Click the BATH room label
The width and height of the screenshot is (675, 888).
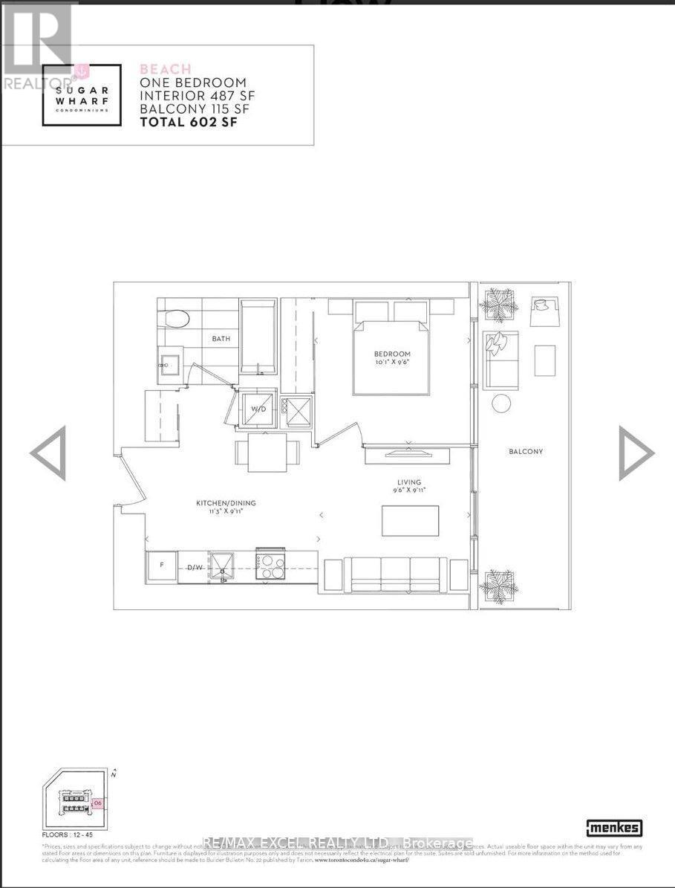(x=221, y=339)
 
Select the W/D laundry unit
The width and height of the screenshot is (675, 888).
(x=258, y=409)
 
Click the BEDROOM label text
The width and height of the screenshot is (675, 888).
(x=392, y=354)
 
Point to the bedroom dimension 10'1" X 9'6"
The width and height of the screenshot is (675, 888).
(x=392, y=363)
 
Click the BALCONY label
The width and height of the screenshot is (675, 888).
(x=526, y=451)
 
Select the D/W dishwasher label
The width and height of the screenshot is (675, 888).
(x=195, y=568)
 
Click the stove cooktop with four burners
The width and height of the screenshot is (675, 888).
(x=270, y=565)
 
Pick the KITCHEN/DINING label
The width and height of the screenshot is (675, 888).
(x=226, y=503)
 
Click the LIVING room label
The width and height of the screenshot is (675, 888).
(x=408, y=482)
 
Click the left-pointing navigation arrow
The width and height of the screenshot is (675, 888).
(x=48, y=453)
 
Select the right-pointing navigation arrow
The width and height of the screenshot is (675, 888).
(x=636, y=453)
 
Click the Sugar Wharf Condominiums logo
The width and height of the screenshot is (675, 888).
(x=81, y=95)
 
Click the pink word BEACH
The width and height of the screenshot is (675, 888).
(x=165, y=69)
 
